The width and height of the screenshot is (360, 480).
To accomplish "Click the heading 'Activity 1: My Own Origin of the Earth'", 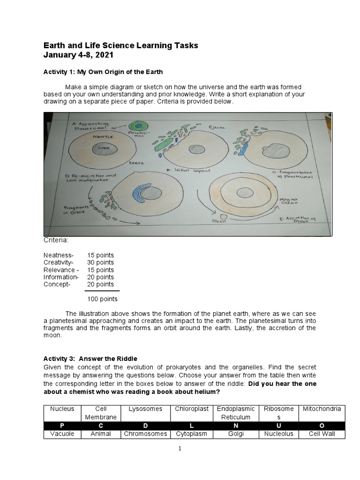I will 103,72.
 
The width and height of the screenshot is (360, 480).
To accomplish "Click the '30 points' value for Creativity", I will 100,262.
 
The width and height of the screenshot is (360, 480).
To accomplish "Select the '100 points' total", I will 102,299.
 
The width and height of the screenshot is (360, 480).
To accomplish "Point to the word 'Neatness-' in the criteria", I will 59,255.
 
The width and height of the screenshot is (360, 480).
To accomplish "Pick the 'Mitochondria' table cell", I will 322,409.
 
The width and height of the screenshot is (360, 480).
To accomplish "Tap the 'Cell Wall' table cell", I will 322,434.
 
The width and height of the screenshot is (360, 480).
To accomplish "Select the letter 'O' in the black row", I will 322,426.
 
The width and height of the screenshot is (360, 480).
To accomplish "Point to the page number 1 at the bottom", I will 180,449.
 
